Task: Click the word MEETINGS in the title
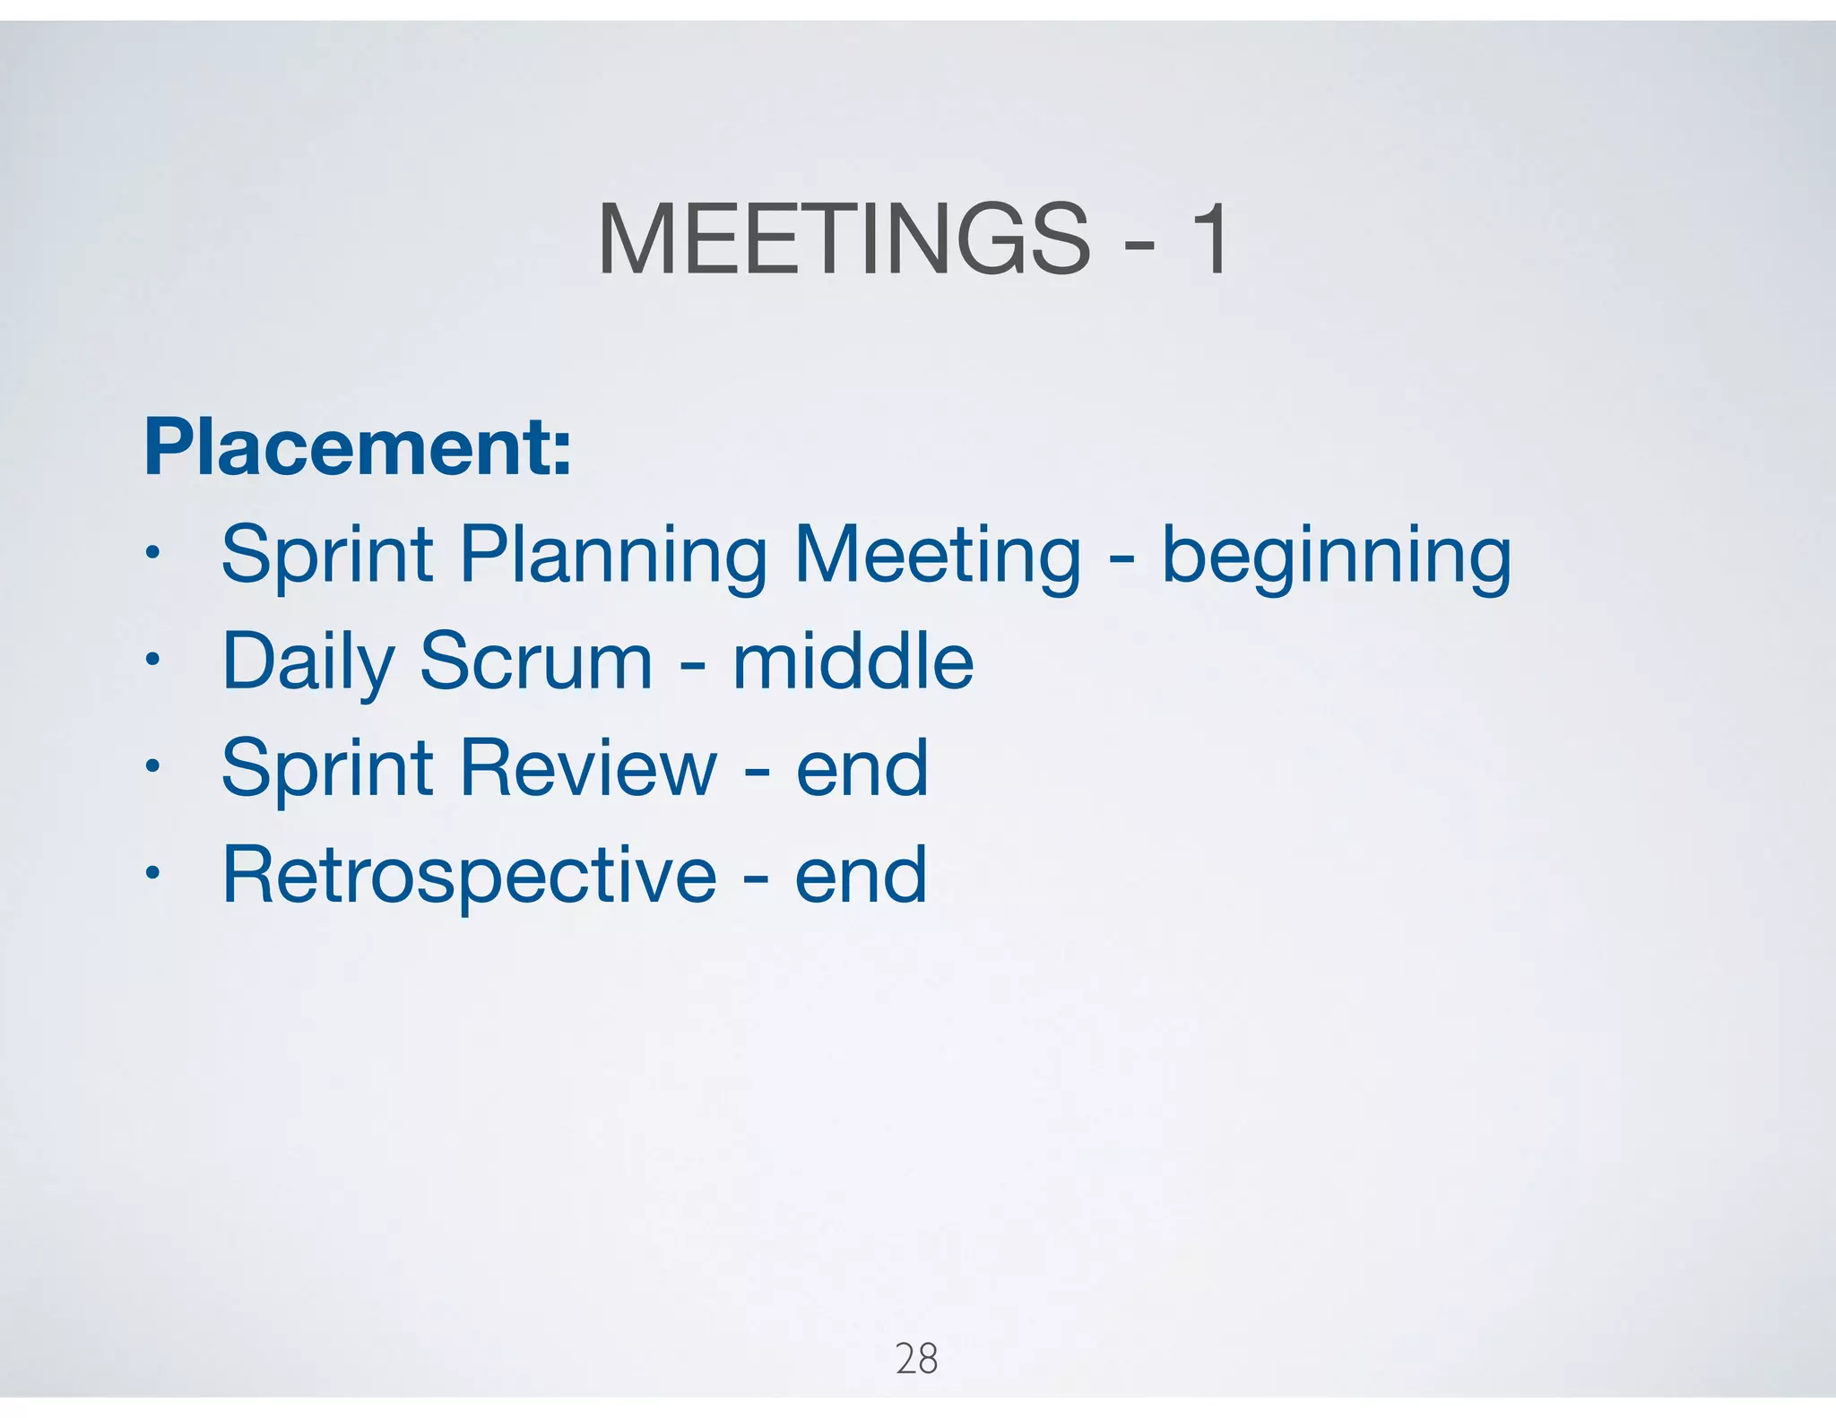coord(843,240)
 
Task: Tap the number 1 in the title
coord(1210,240)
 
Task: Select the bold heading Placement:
coord(358,446)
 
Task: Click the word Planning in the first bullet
coord(613,558)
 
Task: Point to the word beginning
coord(1336,558)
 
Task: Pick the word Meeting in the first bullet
coord(938,558)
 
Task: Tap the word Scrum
coord(536,661)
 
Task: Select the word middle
coord(853,661)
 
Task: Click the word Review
coord(588,767)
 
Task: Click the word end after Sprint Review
coord(862,769)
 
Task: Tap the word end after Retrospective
coord(861,876)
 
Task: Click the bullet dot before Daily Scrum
coord(153,659)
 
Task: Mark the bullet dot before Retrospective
coord(153,871)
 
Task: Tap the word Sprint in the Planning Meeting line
coord(327,558)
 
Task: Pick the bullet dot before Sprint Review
coord(153,765)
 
